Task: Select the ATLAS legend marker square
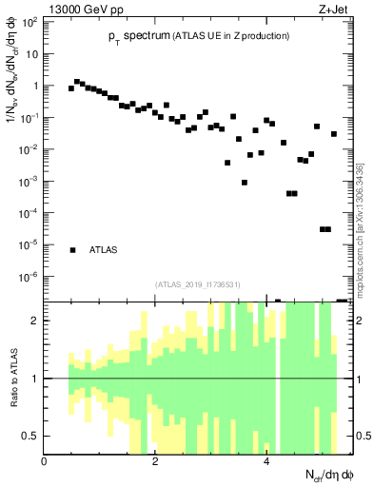72,250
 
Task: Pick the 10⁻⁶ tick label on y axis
30,277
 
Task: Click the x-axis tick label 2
156,461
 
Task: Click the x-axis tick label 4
267,461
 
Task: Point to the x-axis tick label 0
45,461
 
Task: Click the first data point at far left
71,88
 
